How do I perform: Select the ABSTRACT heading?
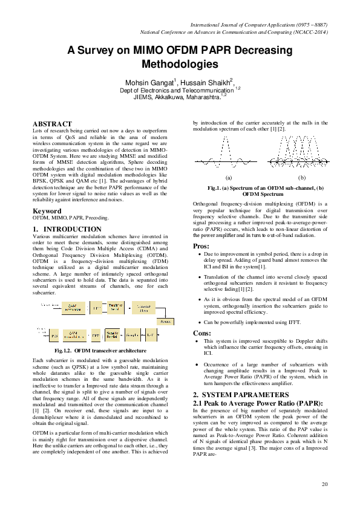click(52, 124)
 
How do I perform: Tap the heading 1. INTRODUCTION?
click(67, 230)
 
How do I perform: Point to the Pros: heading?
click(201, 246)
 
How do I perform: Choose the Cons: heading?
click(202, 332)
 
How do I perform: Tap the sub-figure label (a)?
click(229, 178)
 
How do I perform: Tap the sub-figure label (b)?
click(302, 178)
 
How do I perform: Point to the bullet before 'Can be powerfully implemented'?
click(200, 323)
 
